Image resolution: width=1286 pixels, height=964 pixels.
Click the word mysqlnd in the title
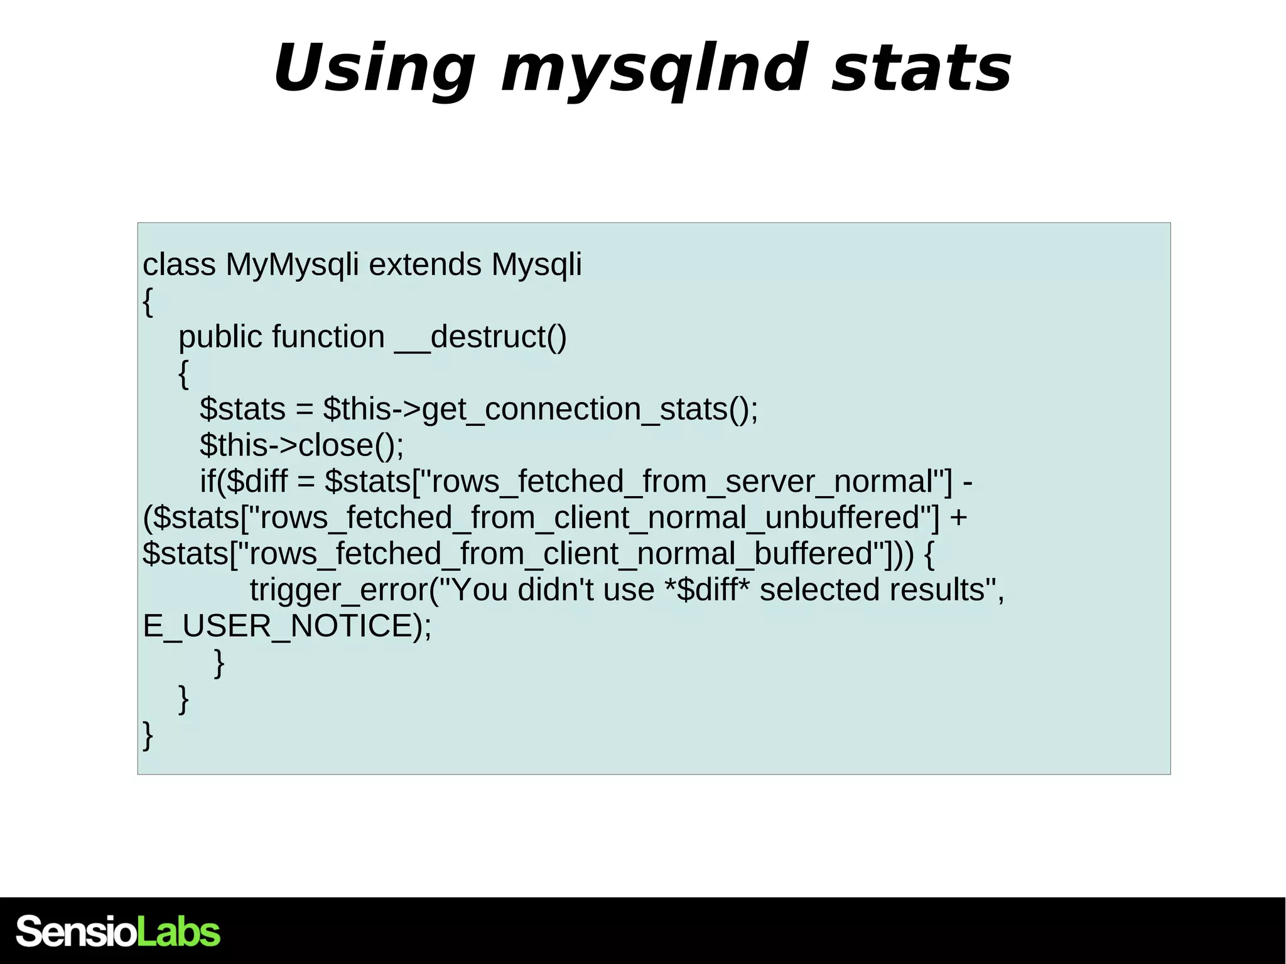(x=653, y=69)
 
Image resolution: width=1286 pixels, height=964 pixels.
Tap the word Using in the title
(x=374, y=69)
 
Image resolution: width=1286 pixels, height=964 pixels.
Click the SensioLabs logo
(x=118, y=931)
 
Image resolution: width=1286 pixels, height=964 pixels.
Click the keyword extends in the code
(x=425, y=264)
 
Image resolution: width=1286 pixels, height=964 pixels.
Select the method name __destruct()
(x=481, y=337)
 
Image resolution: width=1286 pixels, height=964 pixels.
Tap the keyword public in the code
(x=219, y=337)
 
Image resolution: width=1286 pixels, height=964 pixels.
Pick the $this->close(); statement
(x=302, y=445)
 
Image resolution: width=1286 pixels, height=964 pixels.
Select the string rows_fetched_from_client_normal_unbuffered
(x=590, y=518)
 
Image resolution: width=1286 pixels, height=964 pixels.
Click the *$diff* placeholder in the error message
(x=707, y=590)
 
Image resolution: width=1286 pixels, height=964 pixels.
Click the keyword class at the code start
(x=179, y=264)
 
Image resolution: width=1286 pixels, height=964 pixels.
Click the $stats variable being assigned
(x=242, y=409)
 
